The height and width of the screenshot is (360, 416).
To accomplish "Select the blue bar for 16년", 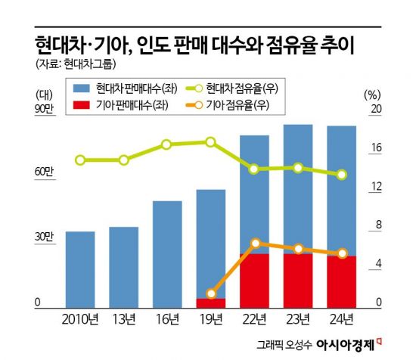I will [167, 254].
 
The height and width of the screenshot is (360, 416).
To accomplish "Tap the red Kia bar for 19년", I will [211, 303].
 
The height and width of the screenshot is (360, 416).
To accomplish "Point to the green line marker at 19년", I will [211, 141].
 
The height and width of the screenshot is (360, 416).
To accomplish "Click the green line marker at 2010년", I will [80, 160].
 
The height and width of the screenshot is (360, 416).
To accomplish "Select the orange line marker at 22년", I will [255, 243].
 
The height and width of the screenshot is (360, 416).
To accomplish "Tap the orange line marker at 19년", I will [211, 293].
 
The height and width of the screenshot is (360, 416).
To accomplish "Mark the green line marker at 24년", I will [342, 174].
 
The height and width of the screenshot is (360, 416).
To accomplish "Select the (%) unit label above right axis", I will [372, 95].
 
